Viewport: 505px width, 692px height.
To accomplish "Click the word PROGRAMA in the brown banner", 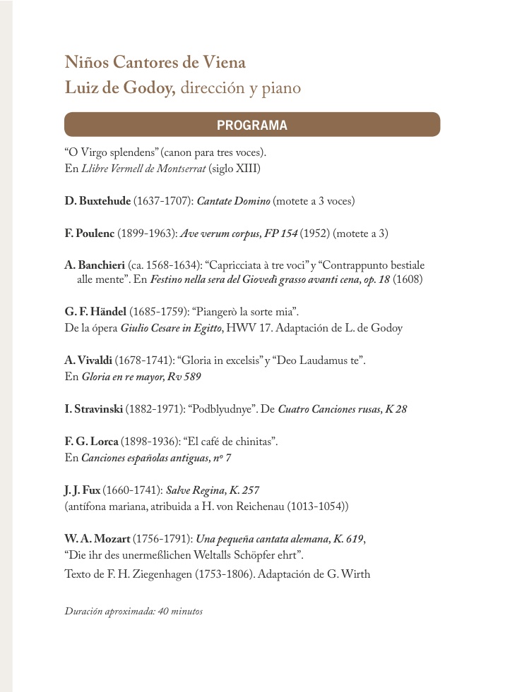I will (x=252, y=126).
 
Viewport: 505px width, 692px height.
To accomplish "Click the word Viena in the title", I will (x=224, y=63).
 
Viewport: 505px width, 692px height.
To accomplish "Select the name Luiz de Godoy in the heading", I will (x=119, y=89).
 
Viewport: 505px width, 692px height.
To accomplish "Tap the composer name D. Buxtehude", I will (x=97, y=201).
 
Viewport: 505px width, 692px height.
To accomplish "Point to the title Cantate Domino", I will (x=233, y=201).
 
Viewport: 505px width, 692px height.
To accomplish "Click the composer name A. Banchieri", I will (x=95, y=265).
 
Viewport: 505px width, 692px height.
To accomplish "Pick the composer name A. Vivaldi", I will (x=88, y=360).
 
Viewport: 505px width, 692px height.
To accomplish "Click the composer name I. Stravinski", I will (x=94, y=409).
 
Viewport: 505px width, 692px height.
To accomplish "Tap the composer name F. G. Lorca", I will (x=91, y=442).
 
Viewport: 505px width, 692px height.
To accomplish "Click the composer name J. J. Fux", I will (x=83, y=490).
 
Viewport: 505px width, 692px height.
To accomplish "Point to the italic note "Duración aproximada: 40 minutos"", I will (x=133, y=611).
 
